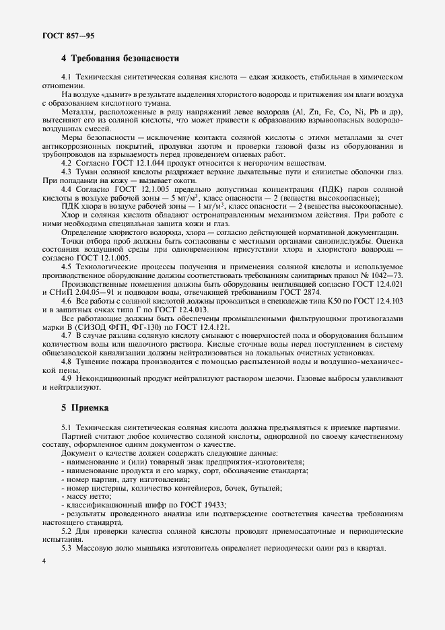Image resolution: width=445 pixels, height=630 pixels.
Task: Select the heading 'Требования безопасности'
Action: coord(125,59)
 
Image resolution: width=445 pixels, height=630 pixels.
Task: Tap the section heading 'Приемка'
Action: coord(88,407)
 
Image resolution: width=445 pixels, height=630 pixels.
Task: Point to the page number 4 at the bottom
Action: coord(43,560)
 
